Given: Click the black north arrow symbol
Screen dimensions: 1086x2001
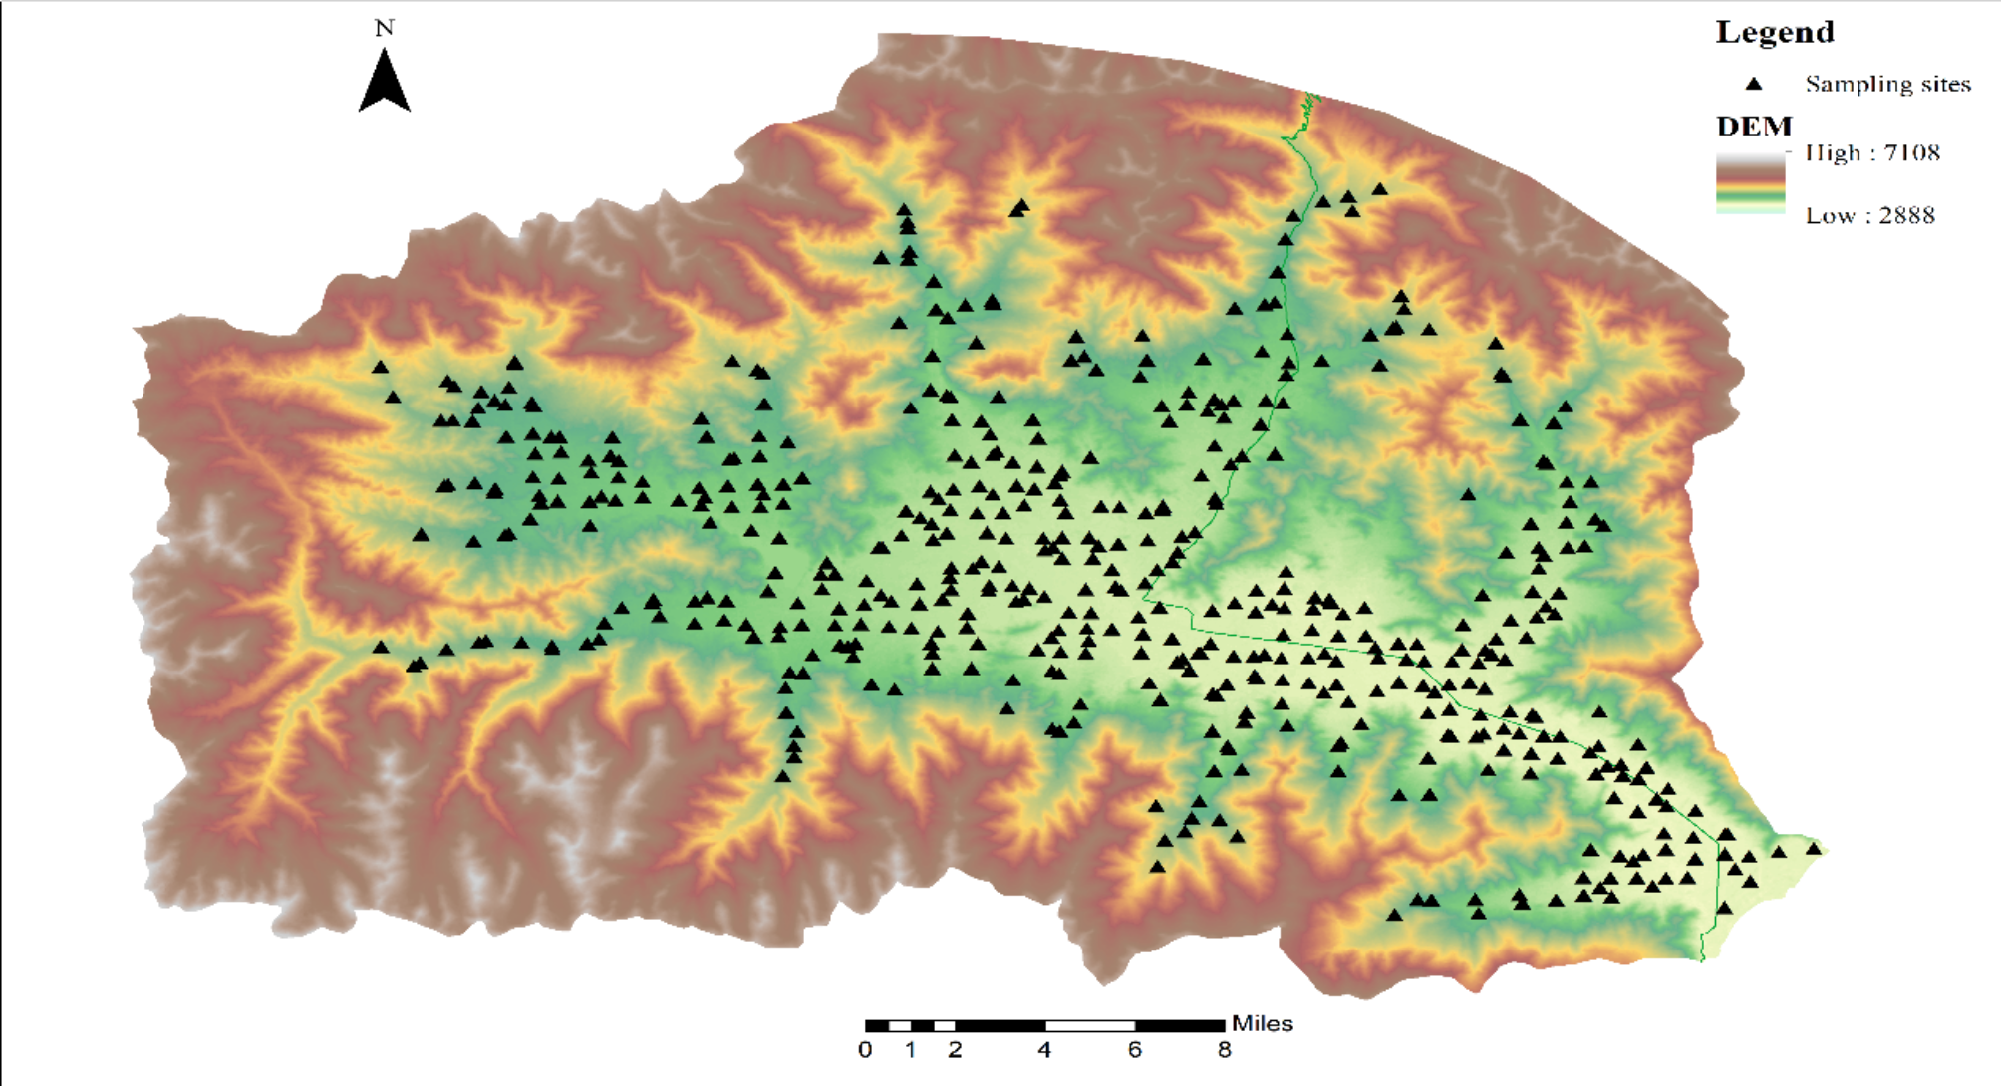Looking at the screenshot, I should click(384, 82).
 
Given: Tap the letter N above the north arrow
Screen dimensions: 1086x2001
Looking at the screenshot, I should click(384, 28).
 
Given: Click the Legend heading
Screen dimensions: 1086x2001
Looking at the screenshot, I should click(1774, 32).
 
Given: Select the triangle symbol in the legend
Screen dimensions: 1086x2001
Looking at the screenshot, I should click(1754, 84).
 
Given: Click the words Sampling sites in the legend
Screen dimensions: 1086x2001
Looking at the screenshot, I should click(1887, 84).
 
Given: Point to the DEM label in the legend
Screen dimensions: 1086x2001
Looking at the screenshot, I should click(1754, 127).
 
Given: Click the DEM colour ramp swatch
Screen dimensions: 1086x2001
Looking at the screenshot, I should click(1750, 183).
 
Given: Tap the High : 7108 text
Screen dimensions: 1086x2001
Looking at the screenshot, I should click(1872, 152).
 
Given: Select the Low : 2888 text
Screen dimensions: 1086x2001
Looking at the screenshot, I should click(1869, 215).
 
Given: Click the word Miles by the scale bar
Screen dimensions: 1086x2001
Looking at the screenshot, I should click(1262, 1023).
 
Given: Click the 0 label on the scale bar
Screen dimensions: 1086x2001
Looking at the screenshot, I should click(865, 1050).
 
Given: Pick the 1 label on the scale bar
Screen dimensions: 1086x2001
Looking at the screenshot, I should click(910, 1050).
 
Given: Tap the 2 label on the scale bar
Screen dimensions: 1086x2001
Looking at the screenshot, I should click(955, 1050).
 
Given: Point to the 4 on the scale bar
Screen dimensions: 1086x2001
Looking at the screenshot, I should click(1044, 1050).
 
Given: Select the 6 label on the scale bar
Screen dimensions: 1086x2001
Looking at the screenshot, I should click(1134, 1050).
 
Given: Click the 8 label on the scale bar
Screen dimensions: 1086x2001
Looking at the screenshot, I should click(1224, 1050).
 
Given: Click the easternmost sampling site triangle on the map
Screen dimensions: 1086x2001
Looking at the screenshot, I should click(1814, 849).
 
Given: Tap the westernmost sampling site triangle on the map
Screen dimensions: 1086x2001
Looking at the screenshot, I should click(380, 367).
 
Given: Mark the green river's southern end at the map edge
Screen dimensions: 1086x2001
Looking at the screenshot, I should click(1702, 959).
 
